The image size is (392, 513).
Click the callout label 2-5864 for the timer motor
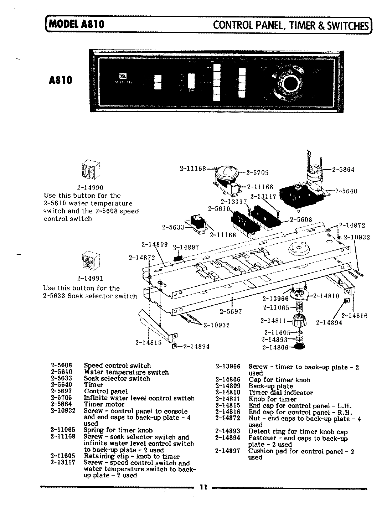(343, 170)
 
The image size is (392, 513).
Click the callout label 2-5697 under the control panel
(231, 311)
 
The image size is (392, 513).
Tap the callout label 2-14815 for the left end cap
(149, 342)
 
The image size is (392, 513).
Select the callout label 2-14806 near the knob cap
(275, 348)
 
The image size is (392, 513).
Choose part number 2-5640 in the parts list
(62, 385)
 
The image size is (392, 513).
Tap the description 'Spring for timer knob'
(118, 430)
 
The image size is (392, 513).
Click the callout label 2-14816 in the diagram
(354, 316)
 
